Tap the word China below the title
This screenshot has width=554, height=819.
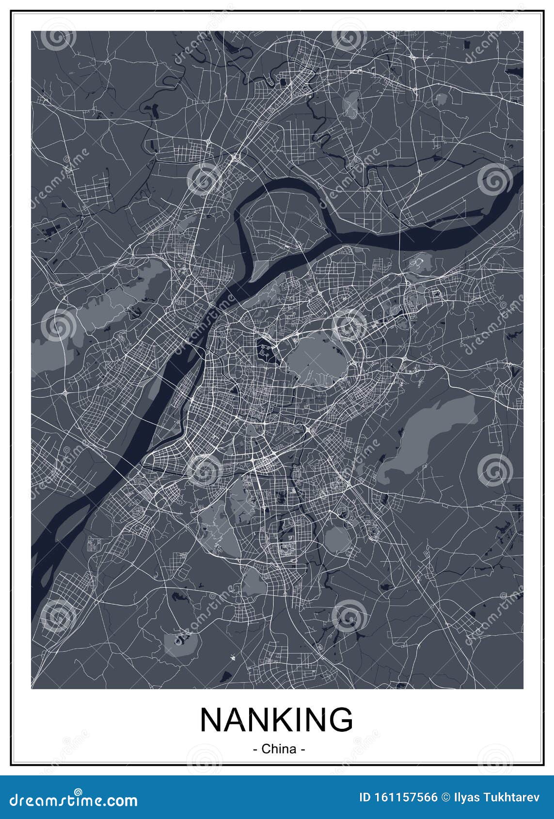(279, 749)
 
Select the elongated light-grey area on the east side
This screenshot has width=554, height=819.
(427, 441)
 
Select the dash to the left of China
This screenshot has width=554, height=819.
(255, 749)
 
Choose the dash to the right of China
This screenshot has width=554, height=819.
(302, 749)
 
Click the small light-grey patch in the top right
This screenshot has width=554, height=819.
(440, 99)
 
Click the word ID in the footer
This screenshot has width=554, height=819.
(365, 797)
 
